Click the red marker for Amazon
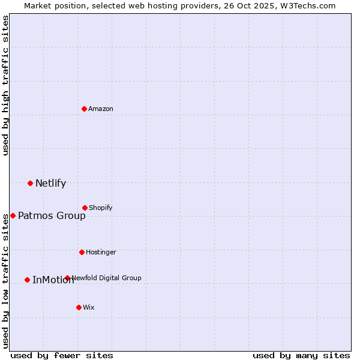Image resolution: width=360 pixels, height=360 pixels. click(x=84, y=109)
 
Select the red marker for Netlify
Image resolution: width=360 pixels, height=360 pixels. click(x=30, y=183)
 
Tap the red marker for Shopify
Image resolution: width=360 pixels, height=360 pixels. click(x=85, y=208)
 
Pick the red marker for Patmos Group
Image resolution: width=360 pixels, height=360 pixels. click(x=13, y=215)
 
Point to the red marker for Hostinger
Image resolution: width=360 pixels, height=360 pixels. click(x=82, y=252)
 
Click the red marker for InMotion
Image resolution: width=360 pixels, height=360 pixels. click(x=27, y=280)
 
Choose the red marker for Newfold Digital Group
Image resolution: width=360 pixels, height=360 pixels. click(x=67, y=278)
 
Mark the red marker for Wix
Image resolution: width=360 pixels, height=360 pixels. click(x=79, y=307)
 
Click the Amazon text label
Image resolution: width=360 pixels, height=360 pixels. click(x=101, y=109)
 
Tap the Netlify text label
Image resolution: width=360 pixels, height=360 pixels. click(x=50, y=183)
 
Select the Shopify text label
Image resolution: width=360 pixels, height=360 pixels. click(x=101, y=208)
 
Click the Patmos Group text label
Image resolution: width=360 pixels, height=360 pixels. click(x=52, y=215)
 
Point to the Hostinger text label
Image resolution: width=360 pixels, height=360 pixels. click(x=101, y=252)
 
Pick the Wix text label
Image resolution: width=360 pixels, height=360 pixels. click(x=89, y=307)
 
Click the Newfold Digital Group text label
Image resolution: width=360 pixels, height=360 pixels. click(x=106, y=278)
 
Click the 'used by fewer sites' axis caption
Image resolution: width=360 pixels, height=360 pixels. click(x=62, y=355)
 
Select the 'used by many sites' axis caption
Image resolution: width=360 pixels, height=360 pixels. click(x=301, y=355)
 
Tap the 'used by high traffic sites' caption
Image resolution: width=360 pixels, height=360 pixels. click(x=5, y=85)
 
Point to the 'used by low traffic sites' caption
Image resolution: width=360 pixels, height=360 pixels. click(x=5, y=281)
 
